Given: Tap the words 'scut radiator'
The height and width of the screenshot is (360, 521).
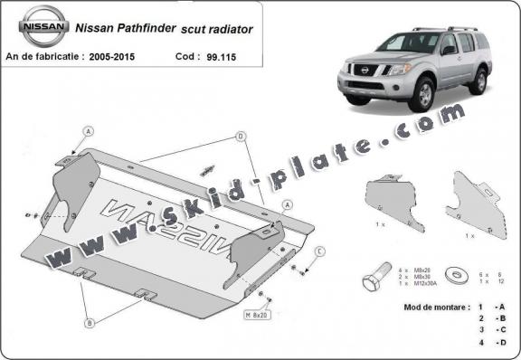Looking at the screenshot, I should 220,29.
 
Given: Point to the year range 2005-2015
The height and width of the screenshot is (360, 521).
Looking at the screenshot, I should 113,56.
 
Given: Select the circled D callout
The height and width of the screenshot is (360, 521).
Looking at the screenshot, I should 242,136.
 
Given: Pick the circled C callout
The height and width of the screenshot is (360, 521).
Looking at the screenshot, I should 319,251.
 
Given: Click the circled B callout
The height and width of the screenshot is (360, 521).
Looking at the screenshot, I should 90,321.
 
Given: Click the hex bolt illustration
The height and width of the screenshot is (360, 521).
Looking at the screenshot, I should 377,280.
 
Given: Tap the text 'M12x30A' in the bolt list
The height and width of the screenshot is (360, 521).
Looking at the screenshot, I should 417,287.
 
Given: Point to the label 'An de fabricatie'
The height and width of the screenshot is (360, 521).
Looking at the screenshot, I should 42,56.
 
